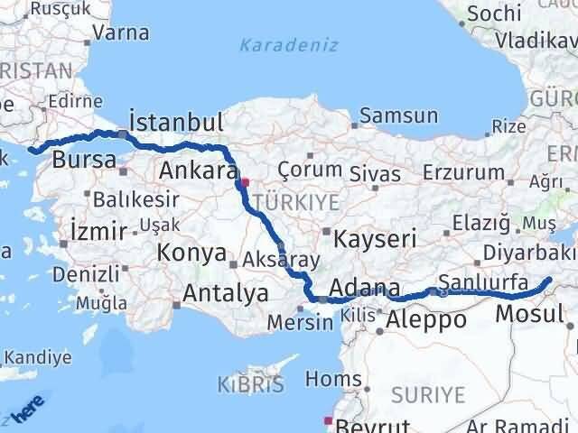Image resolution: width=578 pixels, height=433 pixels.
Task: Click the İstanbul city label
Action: pyautogui.click(x=176, y=121)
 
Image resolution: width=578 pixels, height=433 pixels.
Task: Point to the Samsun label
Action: pyautogui.click(x=398, y=115)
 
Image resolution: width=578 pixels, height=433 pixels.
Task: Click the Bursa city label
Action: pyautogui.click(x=84, y=161)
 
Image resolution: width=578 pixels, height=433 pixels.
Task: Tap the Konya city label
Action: pyautogui.click(x=191, y=253)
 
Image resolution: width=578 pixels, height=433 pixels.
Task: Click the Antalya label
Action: pyautogui.click(x=225, y=293)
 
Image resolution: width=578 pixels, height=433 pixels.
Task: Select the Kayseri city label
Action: pyautogui.click(x=375, y=239)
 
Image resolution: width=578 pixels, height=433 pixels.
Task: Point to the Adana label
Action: pyautogui.click(x=365, y=289)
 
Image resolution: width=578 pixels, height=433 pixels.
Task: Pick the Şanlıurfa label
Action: pyautogui.click(x=483, y=282)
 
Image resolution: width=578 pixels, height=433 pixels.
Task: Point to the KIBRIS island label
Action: pyautogui.click(x=250, y=386)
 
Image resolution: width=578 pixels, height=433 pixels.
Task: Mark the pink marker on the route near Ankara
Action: pyautogui.click(x=245, y=181)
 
